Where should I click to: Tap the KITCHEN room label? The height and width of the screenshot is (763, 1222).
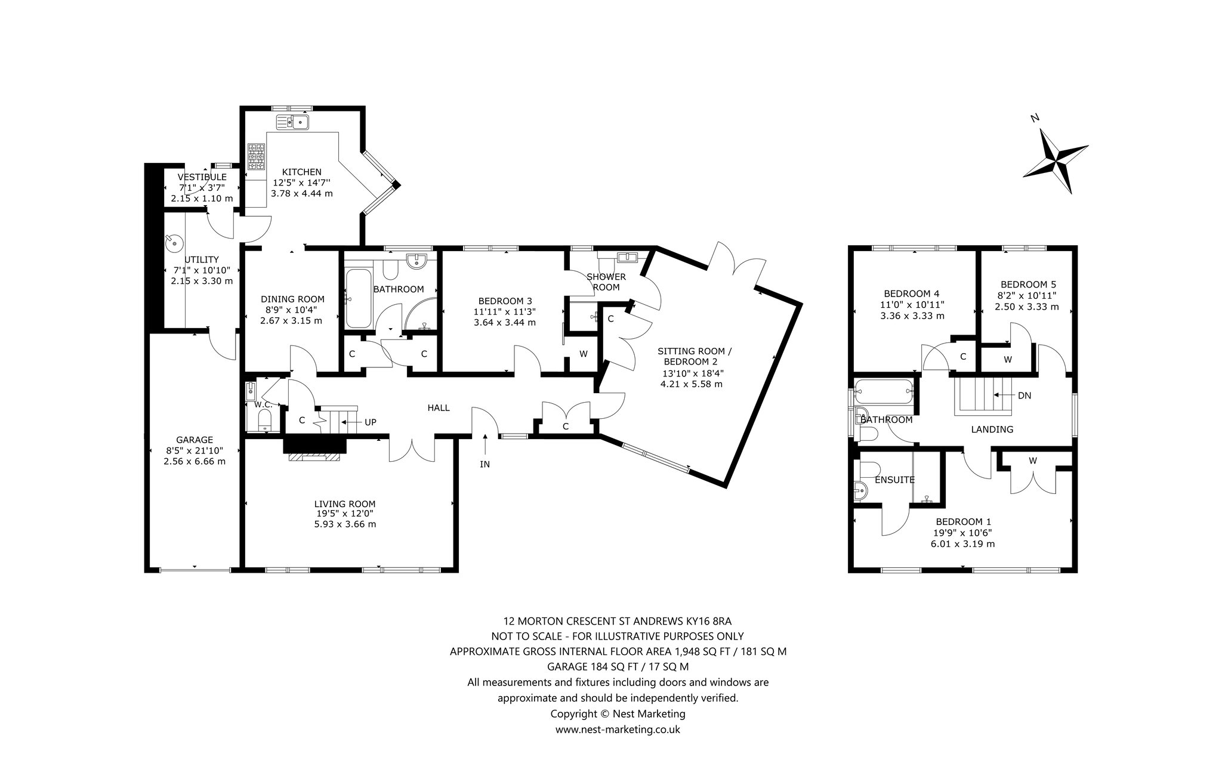point(301,172)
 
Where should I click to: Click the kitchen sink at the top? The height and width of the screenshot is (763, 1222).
point(292,122)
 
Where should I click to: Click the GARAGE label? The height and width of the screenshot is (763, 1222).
point(195,440)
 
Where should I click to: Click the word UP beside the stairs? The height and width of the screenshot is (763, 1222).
point(371,422)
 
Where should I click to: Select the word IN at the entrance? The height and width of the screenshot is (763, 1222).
point(485,464)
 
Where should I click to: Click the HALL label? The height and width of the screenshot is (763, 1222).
point(439,408)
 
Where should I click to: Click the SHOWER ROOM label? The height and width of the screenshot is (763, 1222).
point(606,282)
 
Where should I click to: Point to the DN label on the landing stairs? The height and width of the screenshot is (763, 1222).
point(1024,396)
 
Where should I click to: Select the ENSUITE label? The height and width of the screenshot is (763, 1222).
point(894,480)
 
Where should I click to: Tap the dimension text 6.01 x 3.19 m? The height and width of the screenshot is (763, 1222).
point(962,544)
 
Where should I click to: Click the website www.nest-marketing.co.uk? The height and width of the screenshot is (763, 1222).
point(618,729)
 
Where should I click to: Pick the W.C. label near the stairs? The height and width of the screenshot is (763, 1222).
point(263,404)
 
